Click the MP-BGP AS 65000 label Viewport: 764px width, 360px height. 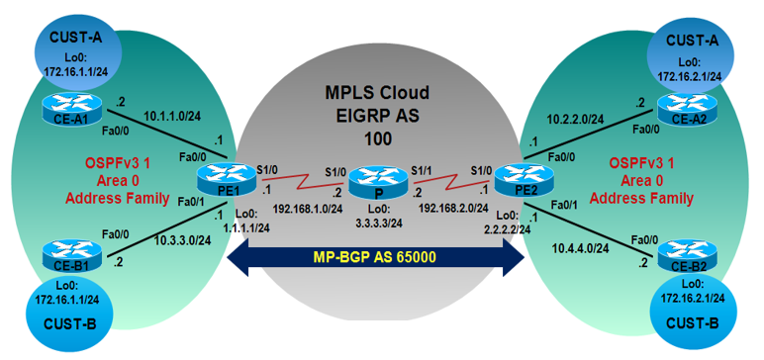375,258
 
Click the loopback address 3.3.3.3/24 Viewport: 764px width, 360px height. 377,224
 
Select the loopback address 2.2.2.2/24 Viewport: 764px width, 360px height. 502,226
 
